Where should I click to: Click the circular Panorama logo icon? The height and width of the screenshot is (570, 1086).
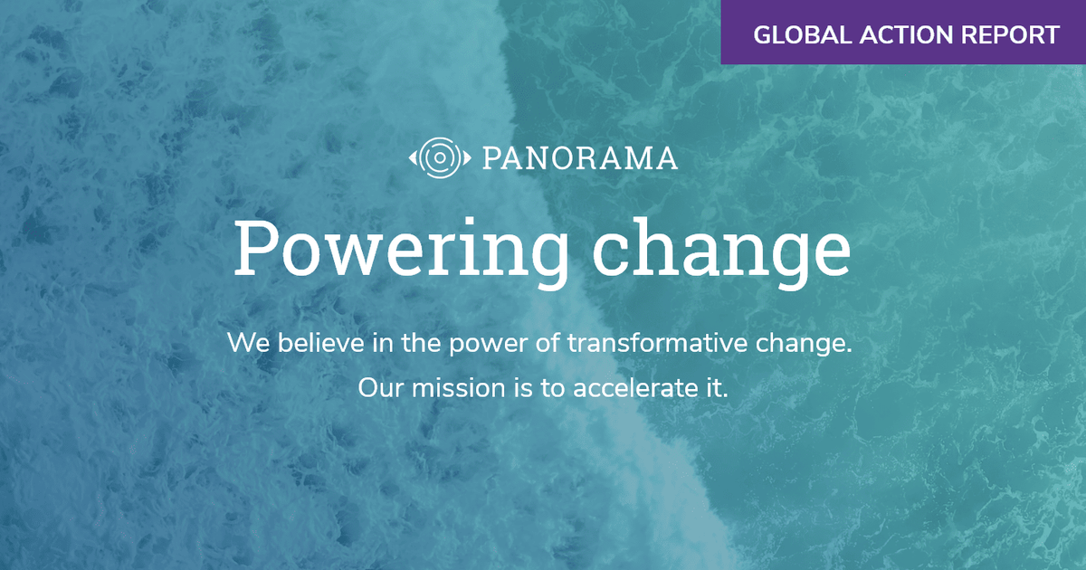coord(439,158)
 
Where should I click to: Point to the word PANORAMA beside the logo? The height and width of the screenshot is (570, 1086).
coord(579,159)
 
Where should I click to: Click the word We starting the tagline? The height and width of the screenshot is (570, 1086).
coord(245,344)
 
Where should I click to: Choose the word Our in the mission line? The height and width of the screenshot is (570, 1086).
coord(377,389)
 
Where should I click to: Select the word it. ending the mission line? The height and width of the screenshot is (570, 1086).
coord(716,389)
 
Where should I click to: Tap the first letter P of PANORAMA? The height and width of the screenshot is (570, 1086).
coord(491,159)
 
